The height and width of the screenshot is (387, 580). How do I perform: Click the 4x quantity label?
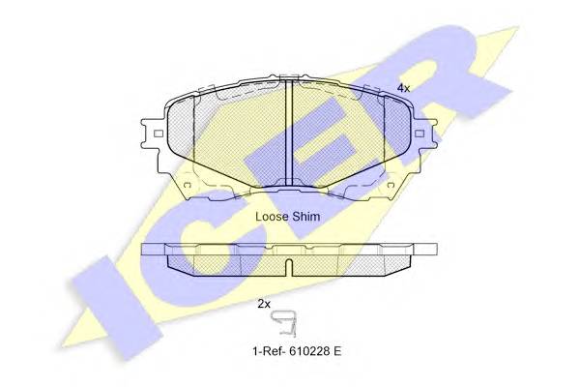[x=403, y=88]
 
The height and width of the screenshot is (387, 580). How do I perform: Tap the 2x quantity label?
[x=264, y=304]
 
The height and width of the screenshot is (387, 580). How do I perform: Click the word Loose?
[x=272, y=217]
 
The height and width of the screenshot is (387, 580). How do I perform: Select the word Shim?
[x=305, y=217]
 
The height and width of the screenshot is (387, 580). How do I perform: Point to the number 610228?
[x=308, y=350]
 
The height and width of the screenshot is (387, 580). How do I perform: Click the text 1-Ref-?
[x=269, y=350]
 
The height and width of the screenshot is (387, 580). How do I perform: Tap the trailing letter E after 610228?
[x=336, y=350]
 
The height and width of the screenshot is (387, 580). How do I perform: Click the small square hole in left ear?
[x=159, y=134]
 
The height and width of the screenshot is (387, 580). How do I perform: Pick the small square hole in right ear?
[x=420, y=134]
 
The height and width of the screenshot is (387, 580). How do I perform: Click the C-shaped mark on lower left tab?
[x=187, y=185]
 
